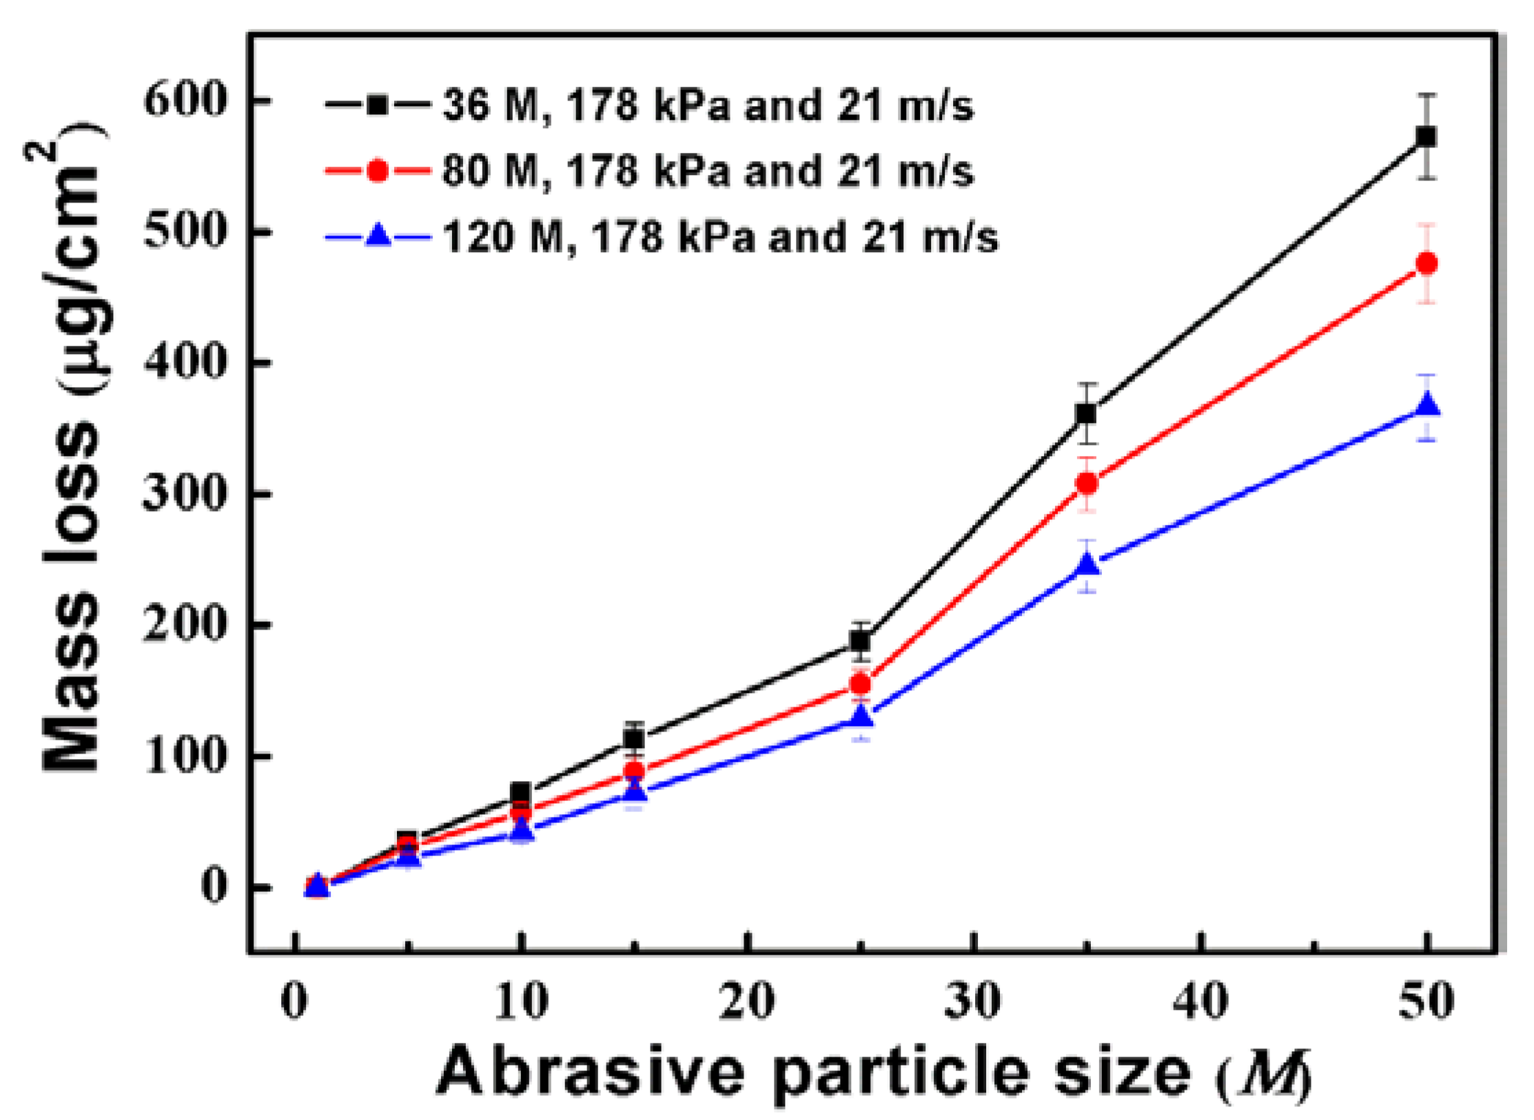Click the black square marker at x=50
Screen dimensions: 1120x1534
(1426, 136)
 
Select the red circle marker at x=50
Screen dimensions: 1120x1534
(1426, 263)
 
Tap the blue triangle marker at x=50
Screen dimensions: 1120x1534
(1426, 406)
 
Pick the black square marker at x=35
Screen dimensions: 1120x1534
(1086, 413)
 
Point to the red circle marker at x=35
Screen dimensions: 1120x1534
(1086, 484)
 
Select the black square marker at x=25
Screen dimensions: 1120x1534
(860, 641)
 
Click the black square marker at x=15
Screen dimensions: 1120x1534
(634, 738)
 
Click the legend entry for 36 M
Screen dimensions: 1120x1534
(706, 105)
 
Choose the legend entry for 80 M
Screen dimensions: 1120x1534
(706, 170)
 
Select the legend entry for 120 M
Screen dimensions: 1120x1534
(719, 236)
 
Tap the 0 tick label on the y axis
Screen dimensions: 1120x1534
(214, 886)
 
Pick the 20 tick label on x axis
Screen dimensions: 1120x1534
(746, 1002)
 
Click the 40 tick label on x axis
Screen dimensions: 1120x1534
(1200, 1002)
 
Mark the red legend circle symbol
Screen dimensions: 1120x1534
(377, 170)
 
